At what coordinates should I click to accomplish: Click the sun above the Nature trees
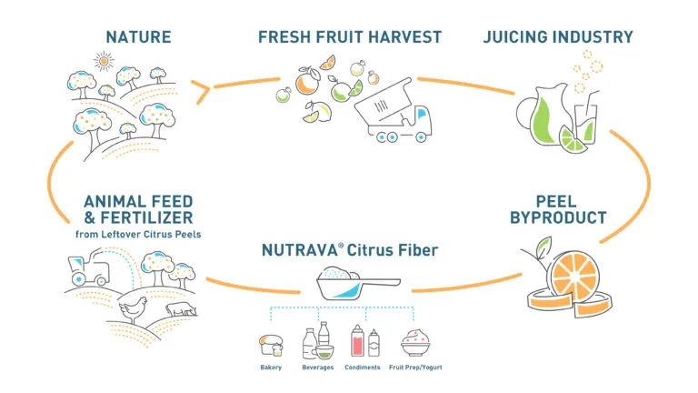[104, 61]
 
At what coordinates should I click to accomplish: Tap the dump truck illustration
[394, 111]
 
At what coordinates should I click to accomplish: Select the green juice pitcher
[542, 115]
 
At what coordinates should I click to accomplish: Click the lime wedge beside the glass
[573, 139]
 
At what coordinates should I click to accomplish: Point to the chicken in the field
[134, 309]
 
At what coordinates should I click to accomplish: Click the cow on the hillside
[181, 308]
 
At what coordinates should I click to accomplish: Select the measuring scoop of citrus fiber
[357, 283]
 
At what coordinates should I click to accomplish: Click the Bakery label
[271, 368]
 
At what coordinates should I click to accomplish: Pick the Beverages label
[317, 368]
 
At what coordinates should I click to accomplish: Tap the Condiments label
[363, 368]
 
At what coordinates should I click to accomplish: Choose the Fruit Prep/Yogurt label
[415, 368]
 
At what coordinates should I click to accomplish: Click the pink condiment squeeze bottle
[357, 341]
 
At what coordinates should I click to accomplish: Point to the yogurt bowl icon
[415, 343]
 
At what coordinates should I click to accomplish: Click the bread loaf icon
[271, 346]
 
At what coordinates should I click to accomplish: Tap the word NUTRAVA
[299, 250]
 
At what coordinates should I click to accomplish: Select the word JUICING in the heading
[516, 36]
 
